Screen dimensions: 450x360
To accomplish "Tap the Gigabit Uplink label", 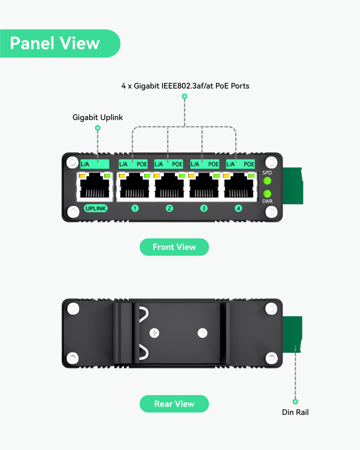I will [x=98, y=117].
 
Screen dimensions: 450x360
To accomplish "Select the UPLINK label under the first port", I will [x=95, y=208].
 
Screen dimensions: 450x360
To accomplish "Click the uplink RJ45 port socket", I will [x=95, y=187].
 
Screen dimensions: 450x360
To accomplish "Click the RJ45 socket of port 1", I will [x=134, y=187].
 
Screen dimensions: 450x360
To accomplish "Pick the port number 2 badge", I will [x=169, y=208].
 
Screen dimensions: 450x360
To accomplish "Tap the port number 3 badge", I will [x=204, y=208].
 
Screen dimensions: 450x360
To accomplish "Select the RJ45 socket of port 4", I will [x=238, y=187].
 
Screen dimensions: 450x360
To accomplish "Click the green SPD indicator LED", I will [x=267, y=181].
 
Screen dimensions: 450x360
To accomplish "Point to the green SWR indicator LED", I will [x=267, y=194].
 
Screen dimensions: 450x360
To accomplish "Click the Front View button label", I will [x=174, y=247].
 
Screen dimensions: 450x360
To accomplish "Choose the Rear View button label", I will [x=174, y=404].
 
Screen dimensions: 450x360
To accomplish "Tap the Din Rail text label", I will [x=295, y=412].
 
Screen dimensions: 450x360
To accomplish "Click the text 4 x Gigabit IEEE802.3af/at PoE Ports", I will [x=185, y=85].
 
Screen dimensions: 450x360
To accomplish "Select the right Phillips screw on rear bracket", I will [x=203, y=333].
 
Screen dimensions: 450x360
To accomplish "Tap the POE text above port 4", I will [x=249, y=165].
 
